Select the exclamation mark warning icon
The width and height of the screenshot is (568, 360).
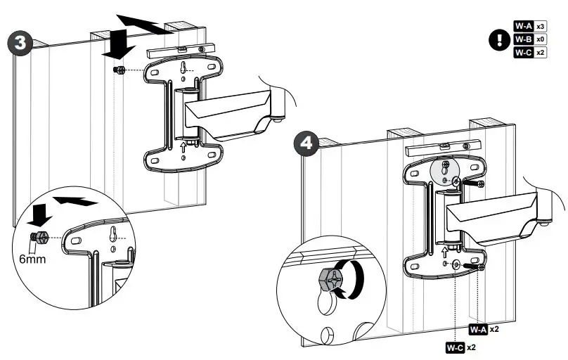pyautogui.click(x=500, y=39)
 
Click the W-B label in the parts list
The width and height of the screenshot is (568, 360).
pyautogui.click(x=523, y=39)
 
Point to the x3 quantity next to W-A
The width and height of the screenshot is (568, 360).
pyautogui.click(x=541, y=27)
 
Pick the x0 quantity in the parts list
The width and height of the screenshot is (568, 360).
pyautogui.click(x=541, y=39)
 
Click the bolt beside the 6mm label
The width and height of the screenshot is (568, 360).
pyautogui.click(x=41, y=238)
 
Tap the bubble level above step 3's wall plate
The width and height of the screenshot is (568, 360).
pyautogui.click(x=179, y=51)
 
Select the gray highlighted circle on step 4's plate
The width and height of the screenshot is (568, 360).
pyautogui.click(x=443, y=170)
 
